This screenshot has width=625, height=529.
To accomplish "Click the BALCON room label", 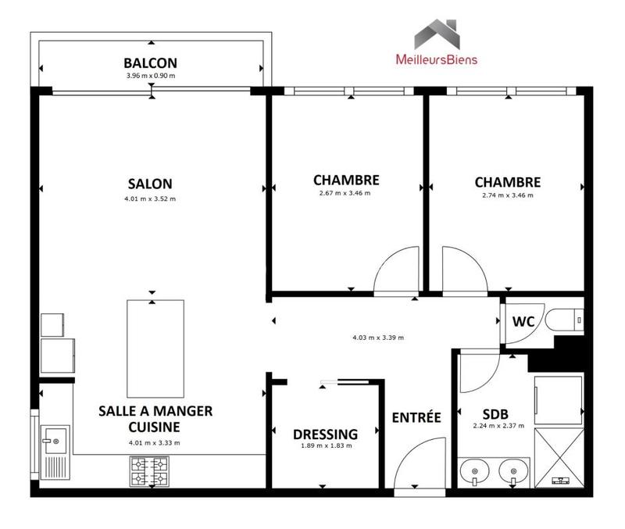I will point(150,63).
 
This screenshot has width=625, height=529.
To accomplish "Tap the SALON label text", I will point(150,184).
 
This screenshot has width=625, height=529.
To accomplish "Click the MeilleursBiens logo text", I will point(437,59).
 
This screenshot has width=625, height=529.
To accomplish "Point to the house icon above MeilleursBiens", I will point(437,34).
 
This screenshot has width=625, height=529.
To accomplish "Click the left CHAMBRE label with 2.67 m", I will point(346,180).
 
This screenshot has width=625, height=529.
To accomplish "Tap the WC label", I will point(523,321).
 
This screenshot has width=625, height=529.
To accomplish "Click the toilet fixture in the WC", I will point(562,320).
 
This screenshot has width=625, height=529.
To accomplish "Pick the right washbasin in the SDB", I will point(513,471).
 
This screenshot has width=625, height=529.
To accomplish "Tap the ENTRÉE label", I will point(416,417).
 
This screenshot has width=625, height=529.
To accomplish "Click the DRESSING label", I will point(325,434).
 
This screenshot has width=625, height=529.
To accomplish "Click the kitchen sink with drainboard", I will point(55,453).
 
